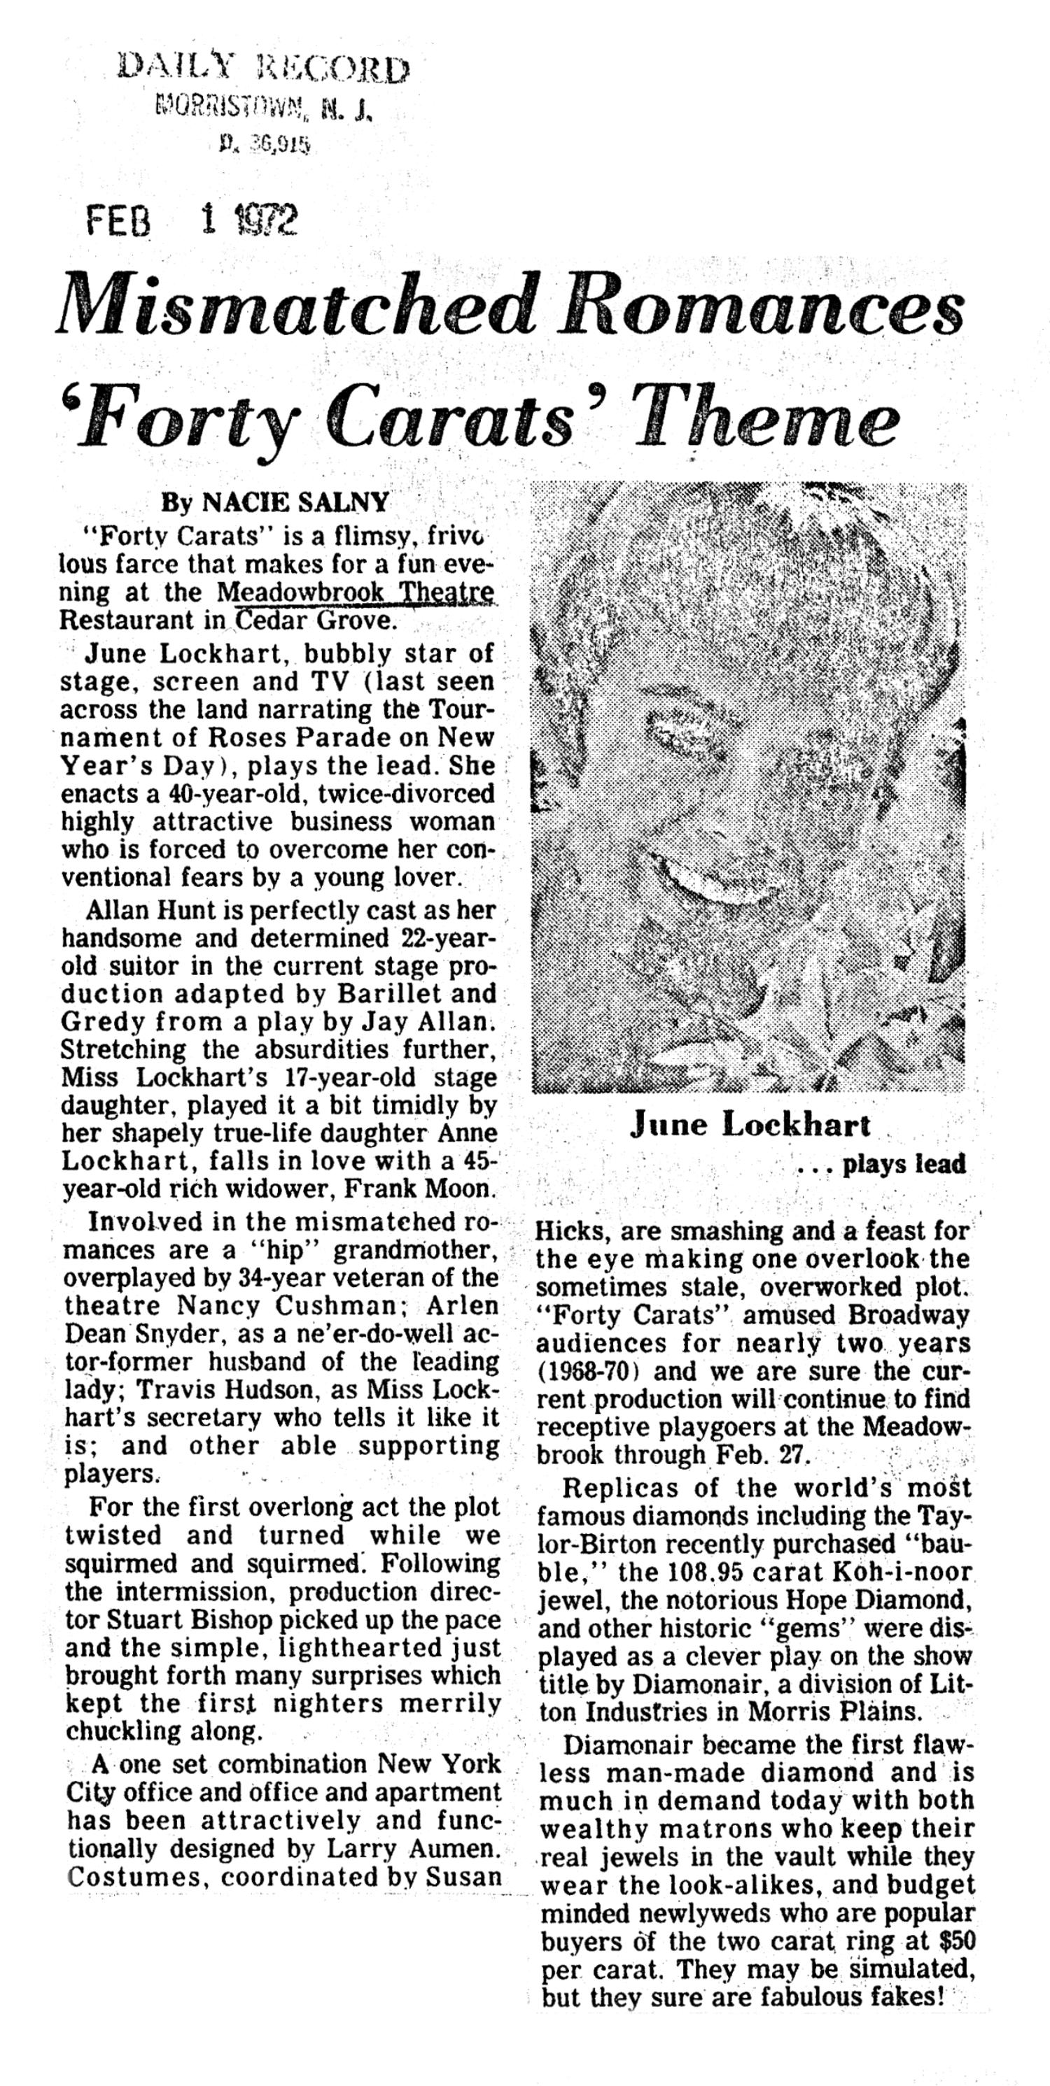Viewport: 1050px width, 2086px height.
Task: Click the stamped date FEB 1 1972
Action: (191, 220)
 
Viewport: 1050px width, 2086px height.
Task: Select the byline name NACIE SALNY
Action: (295, 503)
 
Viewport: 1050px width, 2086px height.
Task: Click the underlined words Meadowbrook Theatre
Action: (357, 592)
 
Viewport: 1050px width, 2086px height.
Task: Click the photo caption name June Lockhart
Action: (750, 1125)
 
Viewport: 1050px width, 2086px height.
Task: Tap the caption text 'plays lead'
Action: (904, 1165)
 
